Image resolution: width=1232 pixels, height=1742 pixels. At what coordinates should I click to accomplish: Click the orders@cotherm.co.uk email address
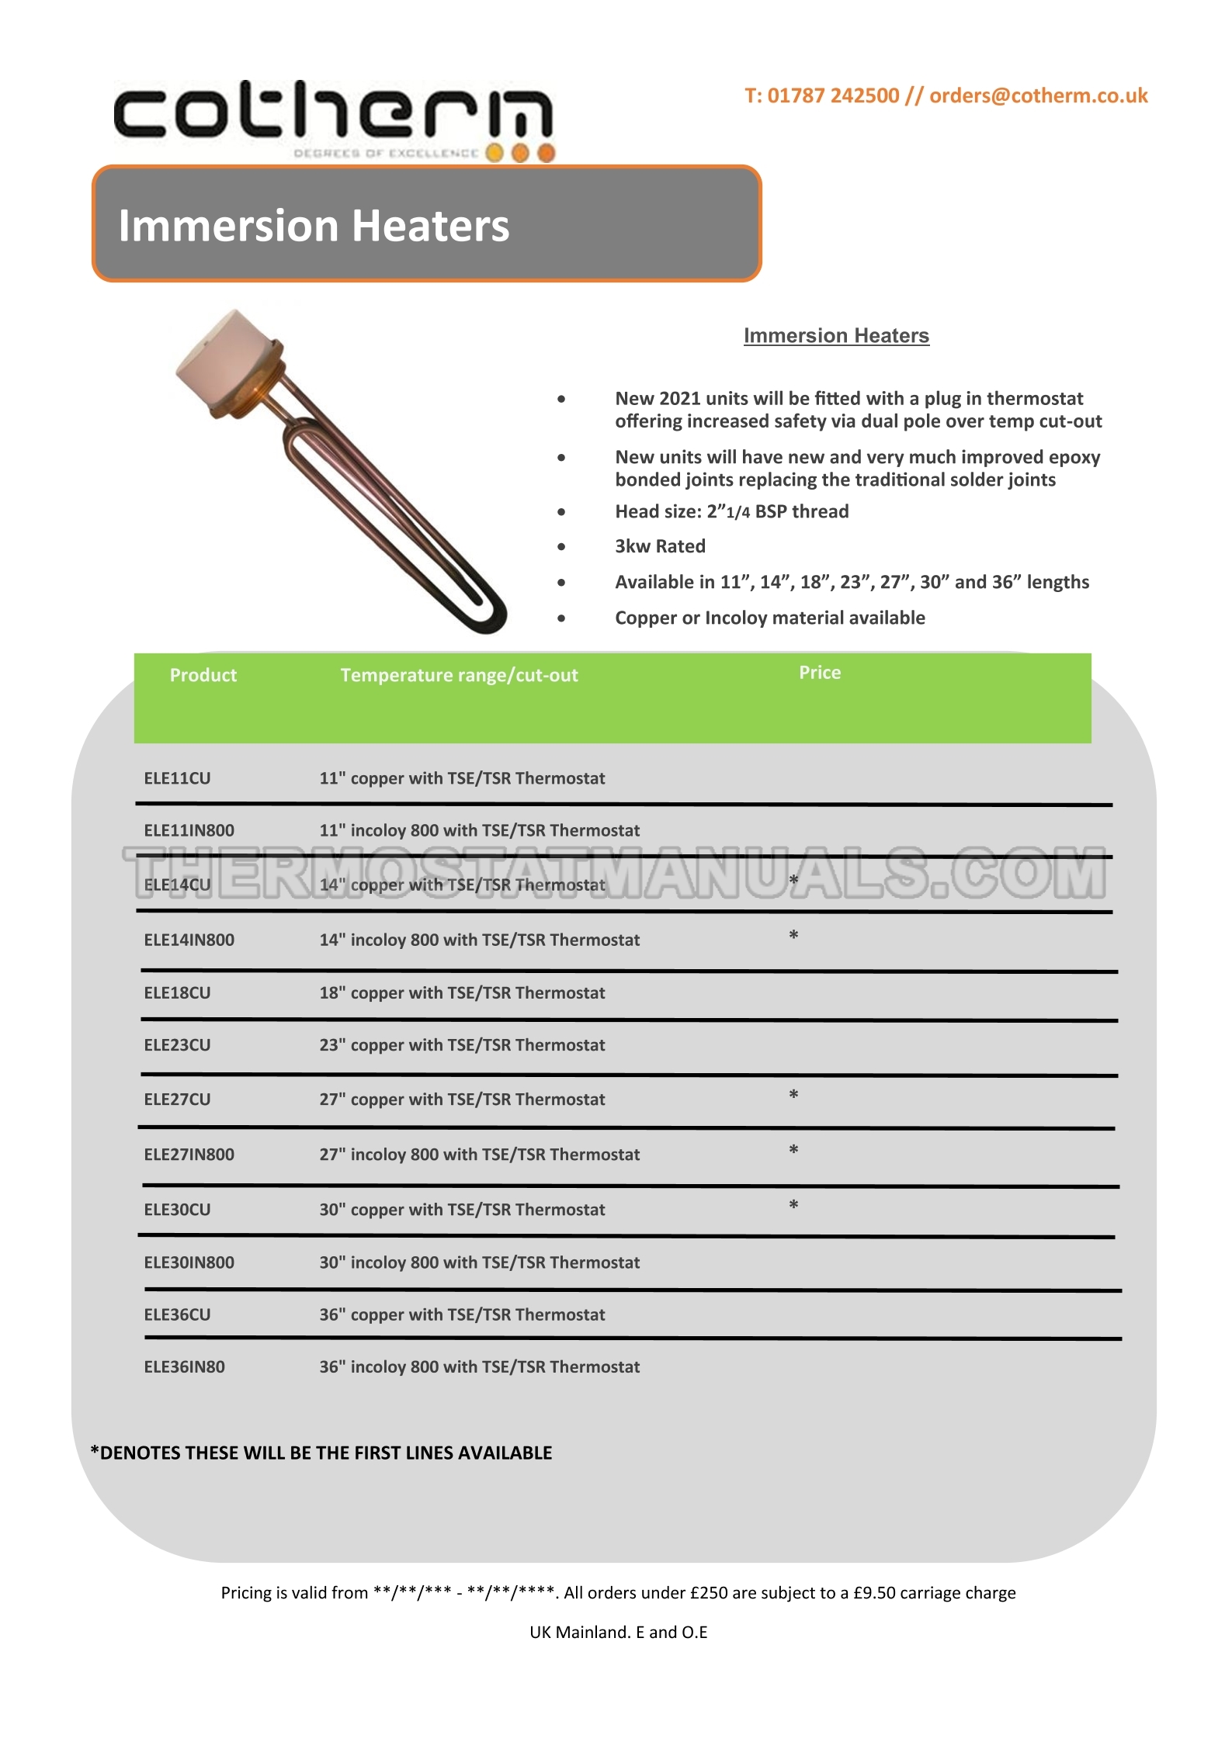tap(1038, 95)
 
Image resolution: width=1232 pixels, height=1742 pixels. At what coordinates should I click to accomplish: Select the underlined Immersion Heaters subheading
tap(836, 336)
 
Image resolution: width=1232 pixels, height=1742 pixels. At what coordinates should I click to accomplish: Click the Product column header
tap(203, 675)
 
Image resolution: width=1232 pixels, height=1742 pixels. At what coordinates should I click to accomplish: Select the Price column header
tap(820, 673)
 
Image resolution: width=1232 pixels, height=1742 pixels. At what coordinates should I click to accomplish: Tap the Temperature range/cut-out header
tap(459, 675)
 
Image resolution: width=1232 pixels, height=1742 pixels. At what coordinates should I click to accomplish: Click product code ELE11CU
tap(177, 778)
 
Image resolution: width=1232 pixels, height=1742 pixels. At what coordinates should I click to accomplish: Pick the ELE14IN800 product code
tap(189, 940)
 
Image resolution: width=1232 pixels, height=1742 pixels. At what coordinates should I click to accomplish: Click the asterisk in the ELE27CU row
tap(793, 1095)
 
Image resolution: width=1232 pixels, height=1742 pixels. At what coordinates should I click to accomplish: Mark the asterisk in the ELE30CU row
tap(793, 1205)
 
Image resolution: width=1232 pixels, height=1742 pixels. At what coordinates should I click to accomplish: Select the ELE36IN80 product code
tap(184, 1366)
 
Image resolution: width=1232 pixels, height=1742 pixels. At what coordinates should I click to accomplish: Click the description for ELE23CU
tap(462, 1045)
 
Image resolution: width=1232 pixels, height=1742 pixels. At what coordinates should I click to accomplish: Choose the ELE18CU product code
tap(177, 992)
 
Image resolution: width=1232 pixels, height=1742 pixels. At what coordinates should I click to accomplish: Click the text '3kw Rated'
tap(660, 546)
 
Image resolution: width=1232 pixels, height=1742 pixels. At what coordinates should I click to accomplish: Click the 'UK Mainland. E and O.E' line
tap(618, 1632)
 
